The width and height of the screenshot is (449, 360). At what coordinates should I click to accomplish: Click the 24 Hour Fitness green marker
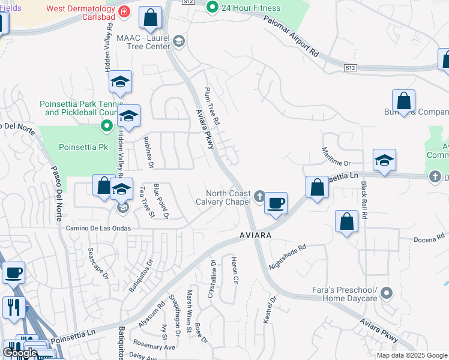point(212,8)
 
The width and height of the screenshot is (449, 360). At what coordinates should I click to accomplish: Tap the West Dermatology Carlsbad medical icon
point(124,11)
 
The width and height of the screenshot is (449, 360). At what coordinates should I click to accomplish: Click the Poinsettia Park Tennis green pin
point(107,125)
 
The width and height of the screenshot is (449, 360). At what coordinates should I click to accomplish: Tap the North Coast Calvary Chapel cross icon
point(259,196)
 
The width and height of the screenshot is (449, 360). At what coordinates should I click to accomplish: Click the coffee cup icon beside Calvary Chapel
point(276,203)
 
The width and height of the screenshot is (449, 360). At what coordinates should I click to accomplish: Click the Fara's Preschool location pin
point(387,293)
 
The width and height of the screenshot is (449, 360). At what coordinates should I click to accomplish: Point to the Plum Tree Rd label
point(212,104)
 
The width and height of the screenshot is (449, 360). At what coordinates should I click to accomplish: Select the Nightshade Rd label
point(288,256)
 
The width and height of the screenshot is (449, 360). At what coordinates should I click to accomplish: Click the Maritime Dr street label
point(336,157)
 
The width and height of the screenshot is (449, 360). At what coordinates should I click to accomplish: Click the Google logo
point(20,352)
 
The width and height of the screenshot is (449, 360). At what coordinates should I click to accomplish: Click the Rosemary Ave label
point(155,347)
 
